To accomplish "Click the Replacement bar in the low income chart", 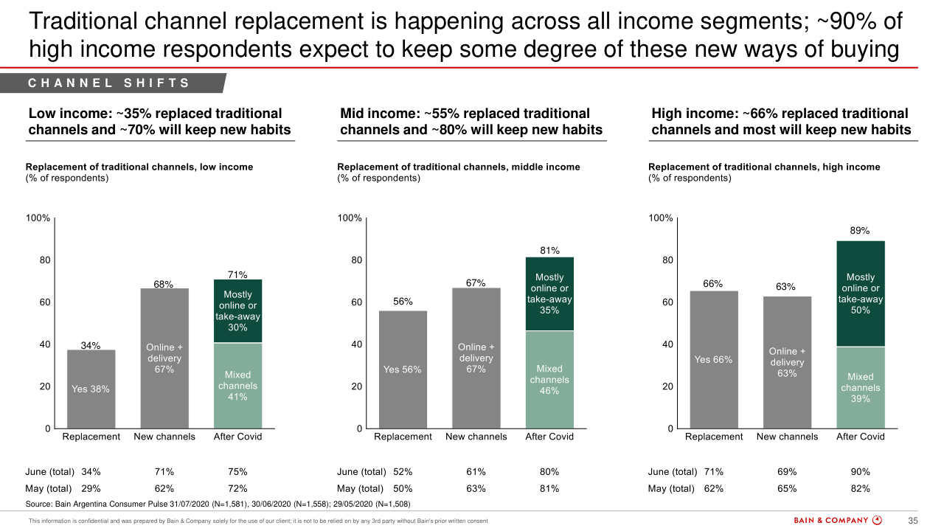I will [x=91, y=389].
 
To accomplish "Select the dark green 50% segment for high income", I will [x=860, y=294].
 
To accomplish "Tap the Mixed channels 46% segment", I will [x=549, y=379].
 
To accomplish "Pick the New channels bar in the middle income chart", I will [x=476, y=358].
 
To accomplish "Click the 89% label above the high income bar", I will [x=860, y=231].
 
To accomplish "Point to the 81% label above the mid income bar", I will [x=549, y=251].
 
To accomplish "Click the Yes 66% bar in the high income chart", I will [x=713, y=359].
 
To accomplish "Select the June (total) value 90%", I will [x=860, y=472].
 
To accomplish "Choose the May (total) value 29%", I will [x=91, y=488].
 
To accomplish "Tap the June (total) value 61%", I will [x=476, y=472].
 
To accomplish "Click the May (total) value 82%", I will [x=860, y=488].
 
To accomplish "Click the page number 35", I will [x=912, y=521].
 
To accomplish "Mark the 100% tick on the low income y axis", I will [x=38, y=218].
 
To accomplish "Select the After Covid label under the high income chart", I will [x=860, y=437].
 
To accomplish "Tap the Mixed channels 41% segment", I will [x=237, y=385].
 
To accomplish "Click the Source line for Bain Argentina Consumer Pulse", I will [x=218, y=504].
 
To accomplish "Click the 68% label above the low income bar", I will [x=164, y=284].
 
